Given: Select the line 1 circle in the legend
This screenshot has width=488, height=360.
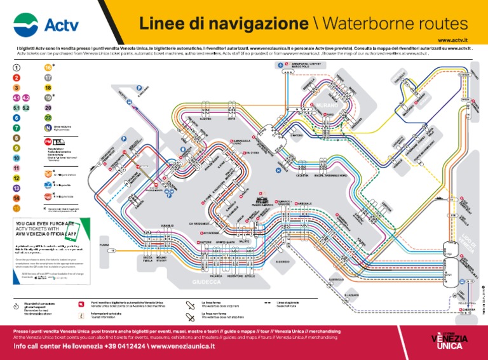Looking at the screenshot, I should pyautogui.click(x=17, y=67).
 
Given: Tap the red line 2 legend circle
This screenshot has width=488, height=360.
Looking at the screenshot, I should pyautogui.click(x=17, y=77).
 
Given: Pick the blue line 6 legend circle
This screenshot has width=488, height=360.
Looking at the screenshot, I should pyautogui.click(x=17, y=118).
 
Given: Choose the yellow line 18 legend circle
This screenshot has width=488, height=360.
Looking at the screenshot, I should pyautogui.click(x=48, y=88).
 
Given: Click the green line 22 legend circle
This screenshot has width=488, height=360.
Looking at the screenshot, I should pyautogui.click(x=48, y=118).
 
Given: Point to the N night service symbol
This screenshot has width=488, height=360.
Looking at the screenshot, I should pyautogui.click(x=48, y=128).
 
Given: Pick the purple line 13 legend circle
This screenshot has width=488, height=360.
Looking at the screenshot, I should pyautogui.click(x=17, y=189).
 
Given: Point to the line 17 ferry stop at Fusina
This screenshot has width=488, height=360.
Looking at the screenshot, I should pyautogui.click(x=112, y=250).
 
